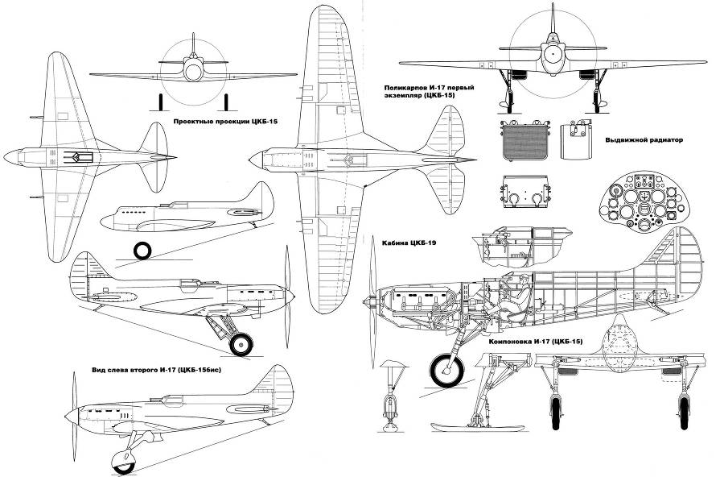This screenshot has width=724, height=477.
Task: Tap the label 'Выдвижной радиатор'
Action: (643, 139)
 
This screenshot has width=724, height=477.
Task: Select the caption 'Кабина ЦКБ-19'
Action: (417, 241)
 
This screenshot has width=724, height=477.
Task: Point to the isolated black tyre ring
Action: (142, 250)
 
